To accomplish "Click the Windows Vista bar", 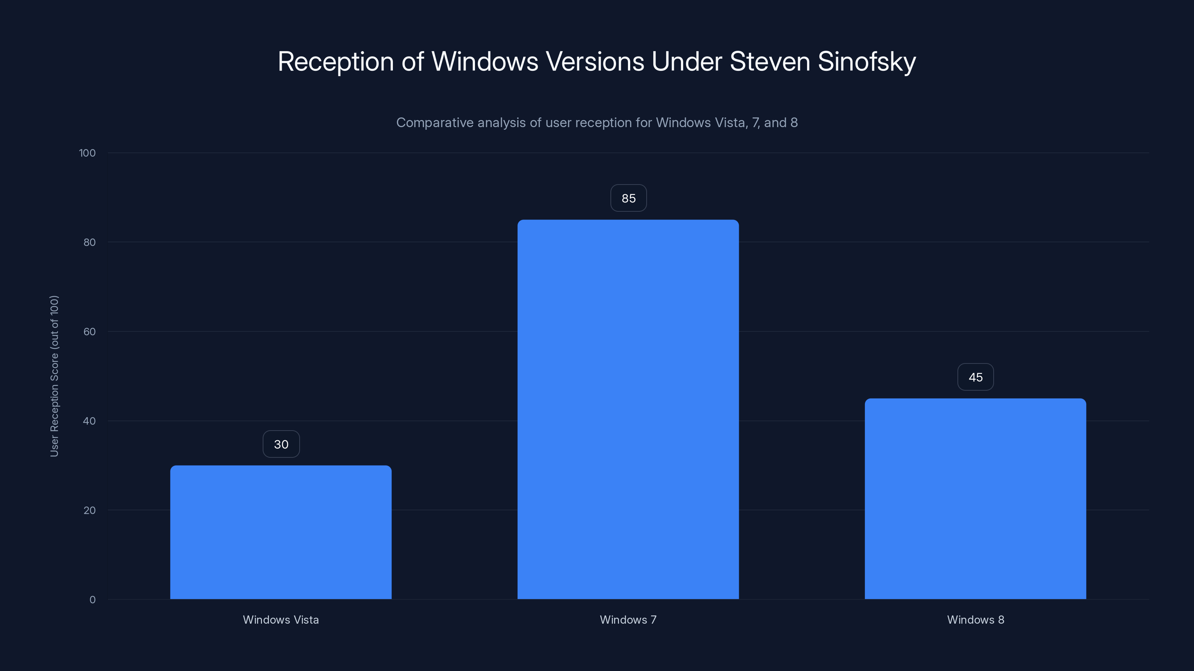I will (281, 533).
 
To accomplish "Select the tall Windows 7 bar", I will (628, 410).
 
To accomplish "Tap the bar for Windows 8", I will (975, 499).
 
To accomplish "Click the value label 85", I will (628, 198).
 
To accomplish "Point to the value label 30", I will (281, 444).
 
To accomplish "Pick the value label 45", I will (975, 377).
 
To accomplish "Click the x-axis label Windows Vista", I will (281, 620).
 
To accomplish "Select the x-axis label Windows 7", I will (628, 620).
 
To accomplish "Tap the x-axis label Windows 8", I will (975, 620).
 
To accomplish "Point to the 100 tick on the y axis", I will (87, 153).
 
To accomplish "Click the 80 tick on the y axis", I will (90, 242).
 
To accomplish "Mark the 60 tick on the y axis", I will (90, 331).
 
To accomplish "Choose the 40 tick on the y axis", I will (90, 421).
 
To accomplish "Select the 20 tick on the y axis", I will (90, 510).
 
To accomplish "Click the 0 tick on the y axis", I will (92, 600).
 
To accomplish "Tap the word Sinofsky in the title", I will (866, 62).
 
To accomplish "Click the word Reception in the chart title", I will (335, 62).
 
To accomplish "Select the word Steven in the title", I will (769, 62).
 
